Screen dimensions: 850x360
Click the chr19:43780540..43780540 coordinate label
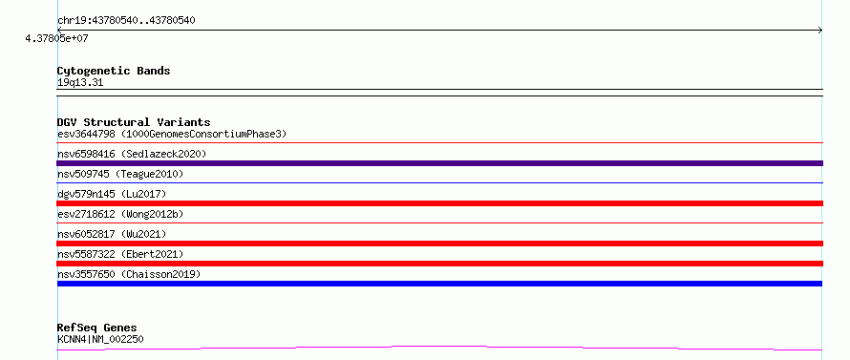126,21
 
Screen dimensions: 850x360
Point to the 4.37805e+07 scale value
56,38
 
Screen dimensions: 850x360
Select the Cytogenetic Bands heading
114,71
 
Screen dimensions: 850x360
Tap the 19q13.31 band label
80,83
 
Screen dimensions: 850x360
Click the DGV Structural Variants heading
134,122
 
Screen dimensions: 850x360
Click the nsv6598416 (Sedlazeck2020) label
132,154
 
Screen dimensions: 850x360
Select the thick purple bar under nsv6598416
439,163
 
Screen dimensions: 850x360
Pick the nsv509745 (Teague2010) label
120,174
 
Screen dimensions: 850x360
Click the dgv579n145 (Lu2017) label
112,194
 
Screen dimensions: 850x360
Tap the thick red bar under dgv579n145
439,203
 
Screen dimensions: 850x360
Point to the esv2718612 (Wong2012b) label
120,214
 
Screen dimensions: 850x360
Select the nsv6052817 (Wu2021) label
112,234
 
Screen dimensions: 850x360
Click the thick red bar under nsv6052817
439,244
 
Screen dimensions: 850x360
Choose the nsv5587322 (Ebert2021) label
120,254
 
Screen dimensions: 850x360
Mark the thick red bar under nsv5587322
439,264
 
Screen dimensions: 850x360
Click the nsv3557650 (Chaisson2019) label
129,274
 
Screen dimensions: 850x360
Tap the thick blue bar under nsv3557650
439,284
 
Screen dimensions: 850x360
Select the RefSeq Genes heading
97,328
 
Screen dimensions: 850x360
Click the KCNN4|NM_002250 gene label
100,339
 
